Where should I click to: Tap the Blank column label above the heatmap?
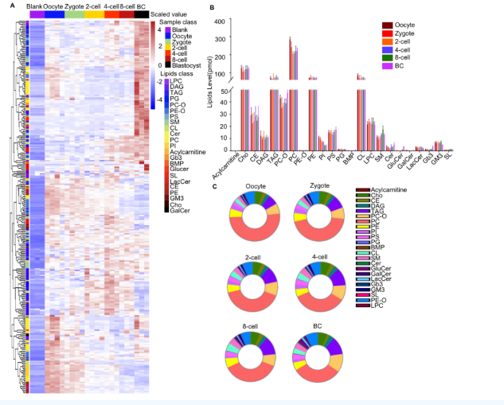point(34,6)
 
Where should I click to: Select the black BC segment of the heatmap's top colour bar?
point(141,14)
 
